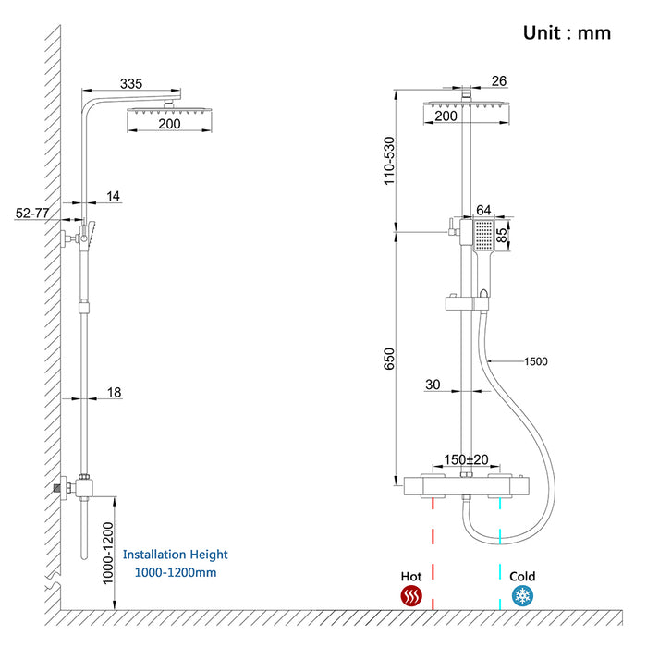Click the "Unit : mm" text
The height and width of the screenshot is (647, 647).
567,32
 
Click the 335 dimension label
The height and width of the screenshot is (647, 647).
131,84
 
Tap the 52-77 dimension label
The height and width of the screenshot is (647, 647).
32,213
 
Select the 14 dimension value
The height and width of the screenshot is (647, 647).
113,196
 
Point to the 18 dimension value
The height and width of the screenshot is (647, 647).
114,392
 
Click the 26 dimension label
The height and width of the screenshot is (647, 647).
499,81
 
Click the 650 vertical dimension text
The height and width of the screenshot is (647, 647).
390,358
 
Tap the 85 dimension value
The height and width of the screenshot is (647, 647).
503,235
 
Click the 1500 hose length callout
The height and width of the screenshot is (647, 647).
536,361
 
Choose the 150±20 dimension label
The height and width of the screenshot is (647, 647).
467,459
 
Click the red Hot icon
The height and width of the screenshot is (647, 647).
411,596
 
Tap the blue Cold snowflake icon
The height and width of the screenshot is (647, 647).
522,596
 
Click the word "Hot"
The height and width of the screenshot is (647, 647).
411,575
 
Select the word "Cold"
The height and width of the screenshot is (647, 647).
522,575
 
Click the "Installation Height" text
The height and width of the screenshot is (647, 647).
175,555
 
